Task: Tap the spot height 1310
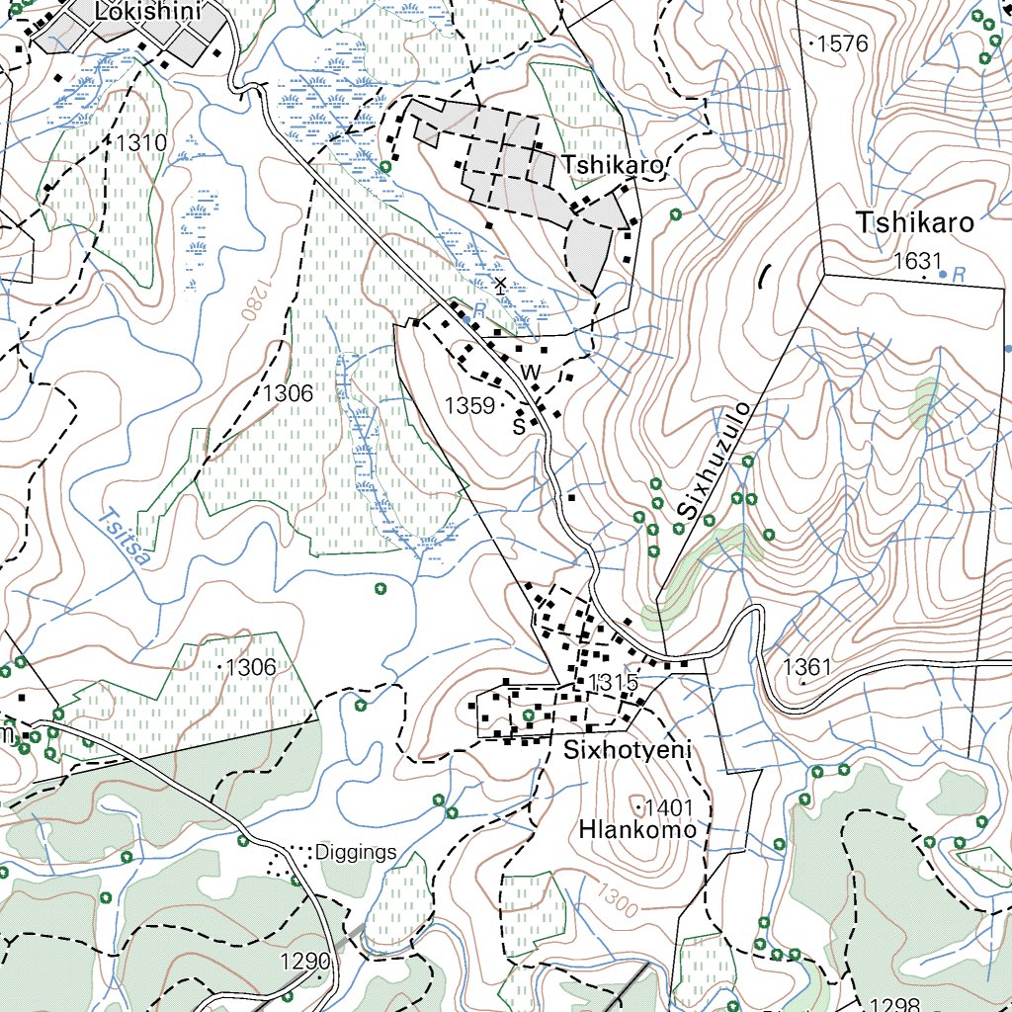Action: click(140, 143)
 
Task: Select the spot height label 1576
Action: click(841, 43)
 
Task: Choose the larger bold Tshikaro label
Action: click(915, 222)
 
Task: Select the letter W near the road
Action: click(532, 372)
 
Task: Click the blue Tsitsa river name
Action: click(126, 537)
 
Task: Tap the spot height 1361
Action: click(806, 667)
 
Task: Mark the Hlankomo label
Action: click(637, 830)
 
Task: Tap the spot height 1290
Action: click(304, 962)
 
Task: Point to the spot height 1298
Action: click(895, 1004)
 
